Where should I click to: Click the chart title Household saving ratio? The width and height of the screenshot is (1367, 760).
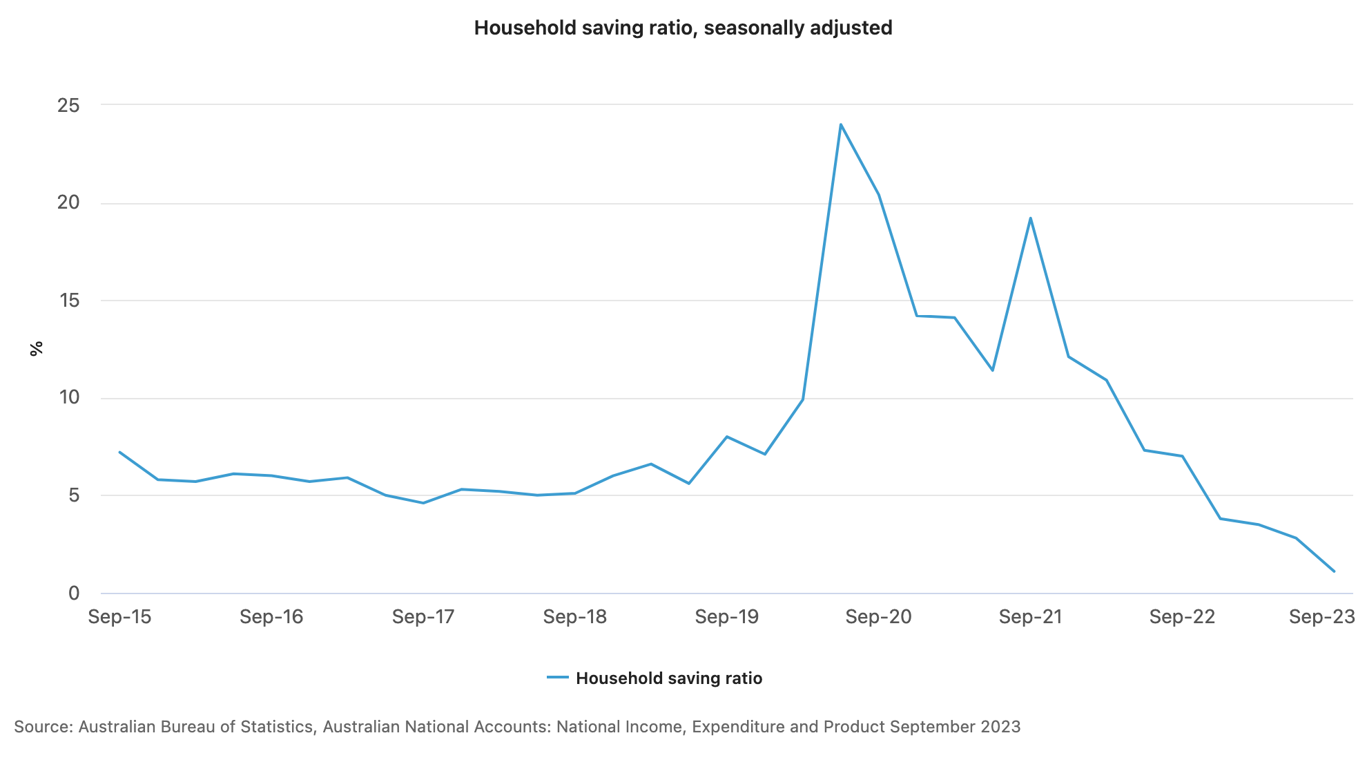pos(682,28)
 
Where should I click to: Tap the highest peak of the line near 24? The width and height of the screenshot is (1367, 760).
pos(840,124)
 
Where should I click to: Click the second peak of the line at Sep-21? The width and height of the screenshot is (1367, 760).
pos(1030,218)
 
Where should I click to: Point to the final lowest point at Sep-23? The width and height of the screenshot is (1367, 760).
pos(1334,571)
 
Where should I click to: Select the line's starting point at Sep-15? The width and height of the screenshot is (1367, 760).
pos(120,452)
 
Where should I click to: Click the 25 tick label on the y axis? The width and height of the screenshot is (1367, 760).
pos(68,106)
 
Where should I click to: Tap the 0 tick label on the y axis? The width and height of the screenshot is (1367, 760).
pos(74,593)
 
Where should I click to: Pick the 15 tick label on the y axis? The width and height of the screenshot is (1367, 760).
pos(68,301)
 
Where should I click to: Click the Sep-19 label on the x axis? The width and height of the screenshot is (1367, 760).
pos(726,617)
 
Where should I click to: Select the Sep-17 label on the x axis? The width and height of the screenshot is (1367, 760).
pos(423,617)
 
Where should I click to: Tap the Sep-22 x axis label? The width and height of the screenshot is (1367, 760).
pos(1181,617)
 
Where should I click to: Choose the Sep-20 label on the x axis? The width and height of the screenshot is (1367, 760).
pos(878,617)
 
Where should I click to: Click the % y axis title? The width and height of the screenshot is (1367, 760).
pos(37,348)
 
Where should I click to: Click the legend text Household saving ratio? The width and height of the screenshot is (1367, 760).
pos(668,678)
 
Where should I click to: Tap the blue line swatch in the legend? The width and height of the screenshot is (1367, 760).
pos(558,678)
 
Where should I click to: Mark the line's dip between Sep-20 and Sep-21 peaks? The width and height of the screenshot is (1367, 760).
pos(992,370)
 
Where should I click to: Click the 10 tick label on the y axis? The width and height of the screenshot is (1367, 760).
pos(69,398)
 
